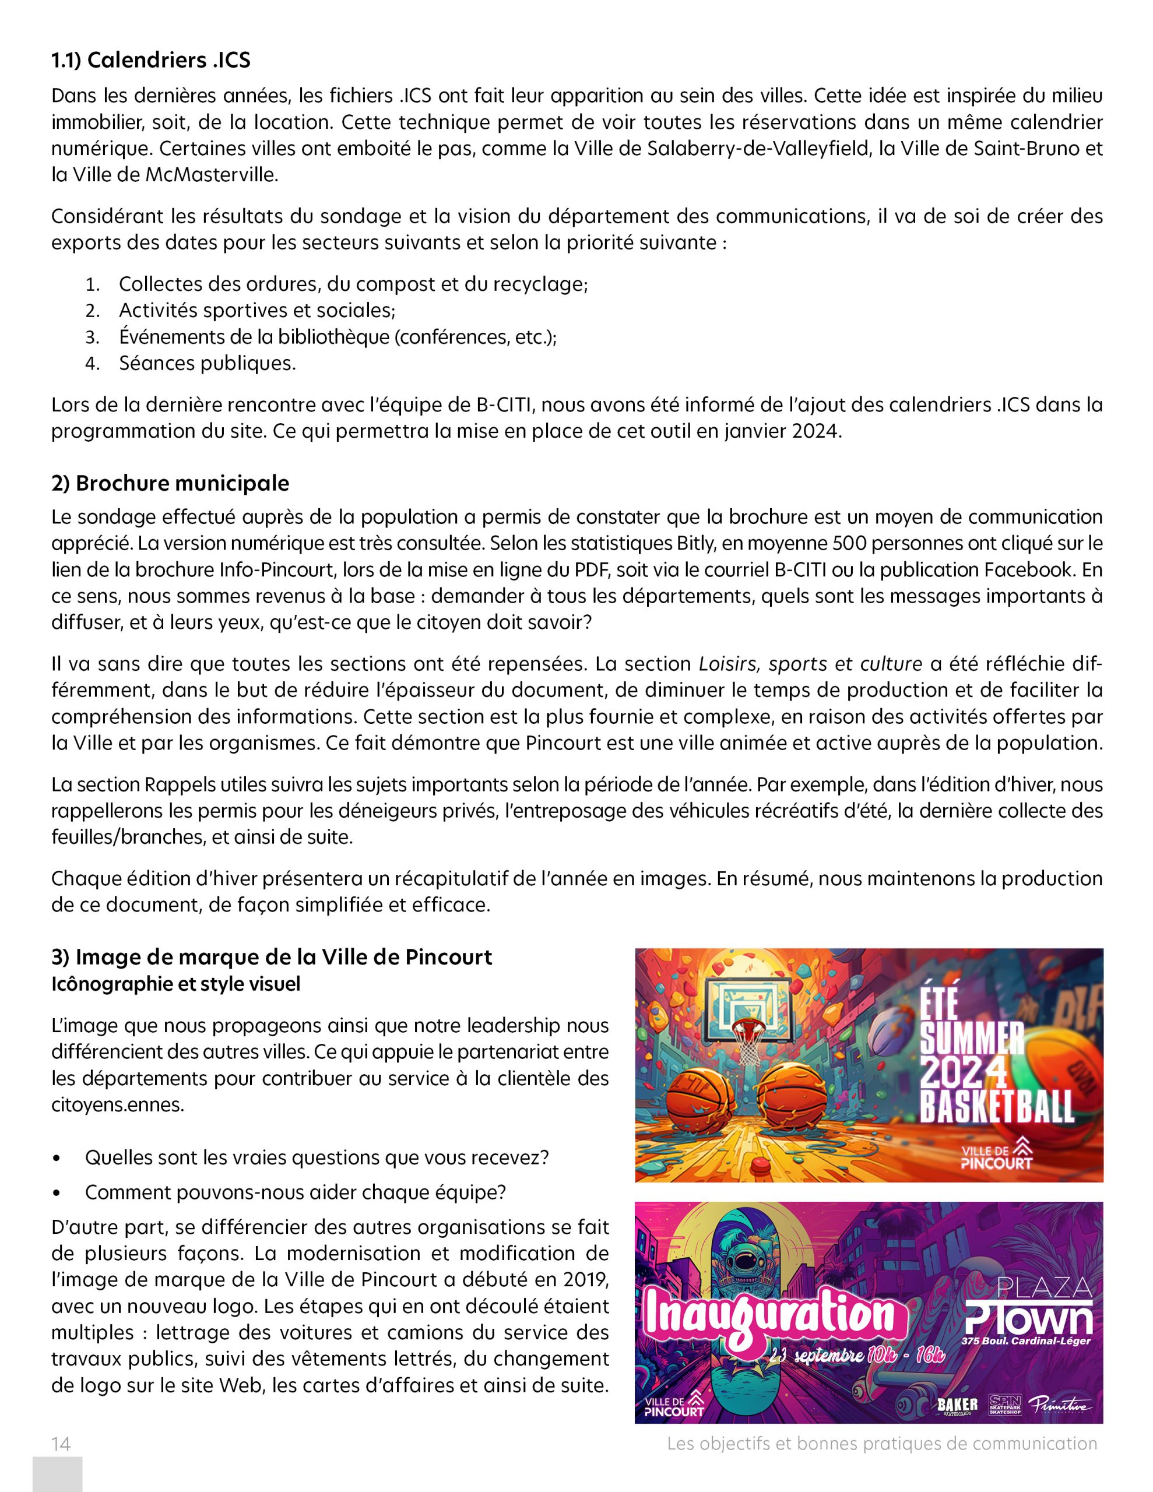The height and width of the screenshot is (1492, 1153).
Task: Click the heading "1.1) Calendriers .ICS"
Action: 151,61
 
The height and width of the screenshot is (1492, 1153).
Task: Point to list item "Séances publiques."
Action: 207,364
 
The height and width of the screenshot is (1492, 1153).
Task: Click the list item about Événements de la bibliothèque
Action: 338,337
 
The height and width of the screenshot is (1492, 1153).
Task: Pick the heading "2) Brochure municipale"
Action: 170,483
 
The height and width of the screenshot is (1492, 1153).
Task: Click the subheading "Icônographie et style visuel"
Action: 175,985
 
